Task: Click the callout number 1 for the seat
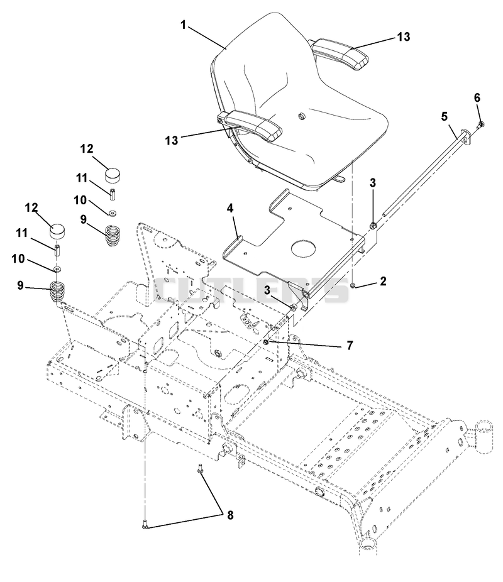[x=183, y=25]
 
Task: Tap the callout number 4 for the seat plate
[x=230, y=209]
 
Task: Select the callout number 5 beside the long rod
[x=445, y=116]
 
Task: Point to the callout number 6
[x=477, y=97]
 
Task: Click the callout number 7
[x=350, y=346]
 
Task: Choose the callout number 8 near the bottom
[x=230, y=515]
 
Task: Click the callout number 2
[x=383, y=281]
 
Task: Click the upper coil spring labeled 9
[x=112, y=236]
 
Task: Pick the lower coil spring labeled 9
[x=58, y=294]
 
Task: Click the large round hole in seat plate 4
[x=304, y=248]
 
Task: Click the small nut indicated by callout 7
[x=266, y=342]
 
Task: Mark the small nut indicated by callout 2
[x=353, y=285]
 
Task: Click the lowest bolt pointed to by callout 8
[x=145, y=524]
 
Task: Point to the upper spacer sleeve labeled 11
[x=112, y=194]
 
